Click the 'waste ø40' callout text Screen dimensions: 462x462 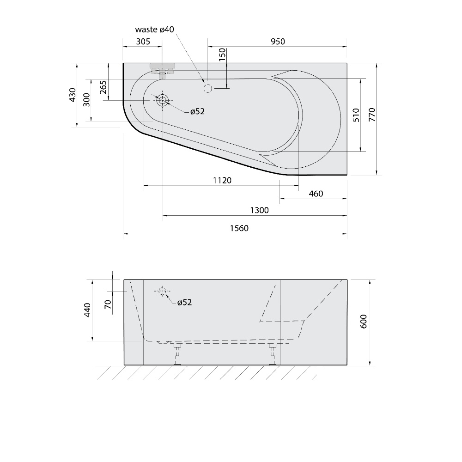(x=154, y=30)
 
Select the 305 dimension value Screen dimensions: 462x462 (x=143, y=42)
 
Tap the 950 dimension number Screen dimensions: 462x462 (x=278, y=42)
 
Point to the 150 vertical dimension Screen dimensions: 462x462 (x=222, y=55)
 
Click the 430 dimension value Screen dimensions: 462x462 (x=73, y=95)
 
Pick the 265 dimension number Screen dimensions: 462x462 (x=103, y=87)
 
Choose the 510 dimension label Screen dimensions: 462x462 (x=356, y=115)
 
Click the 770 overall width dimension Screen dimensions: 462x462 (x=372, y=115)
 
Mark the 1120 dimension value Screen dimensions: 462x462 (x=222, y=180)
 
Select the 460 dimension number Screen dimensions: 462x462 (x=316, y=194)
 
